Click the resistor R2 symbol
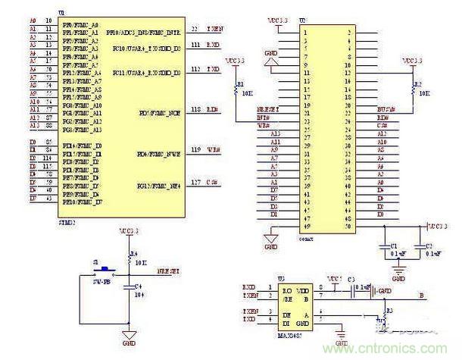413,88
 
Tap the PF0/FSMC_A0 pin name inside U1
84,27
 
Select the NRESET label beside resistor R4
167,271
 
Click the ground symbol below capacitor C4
130,335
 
